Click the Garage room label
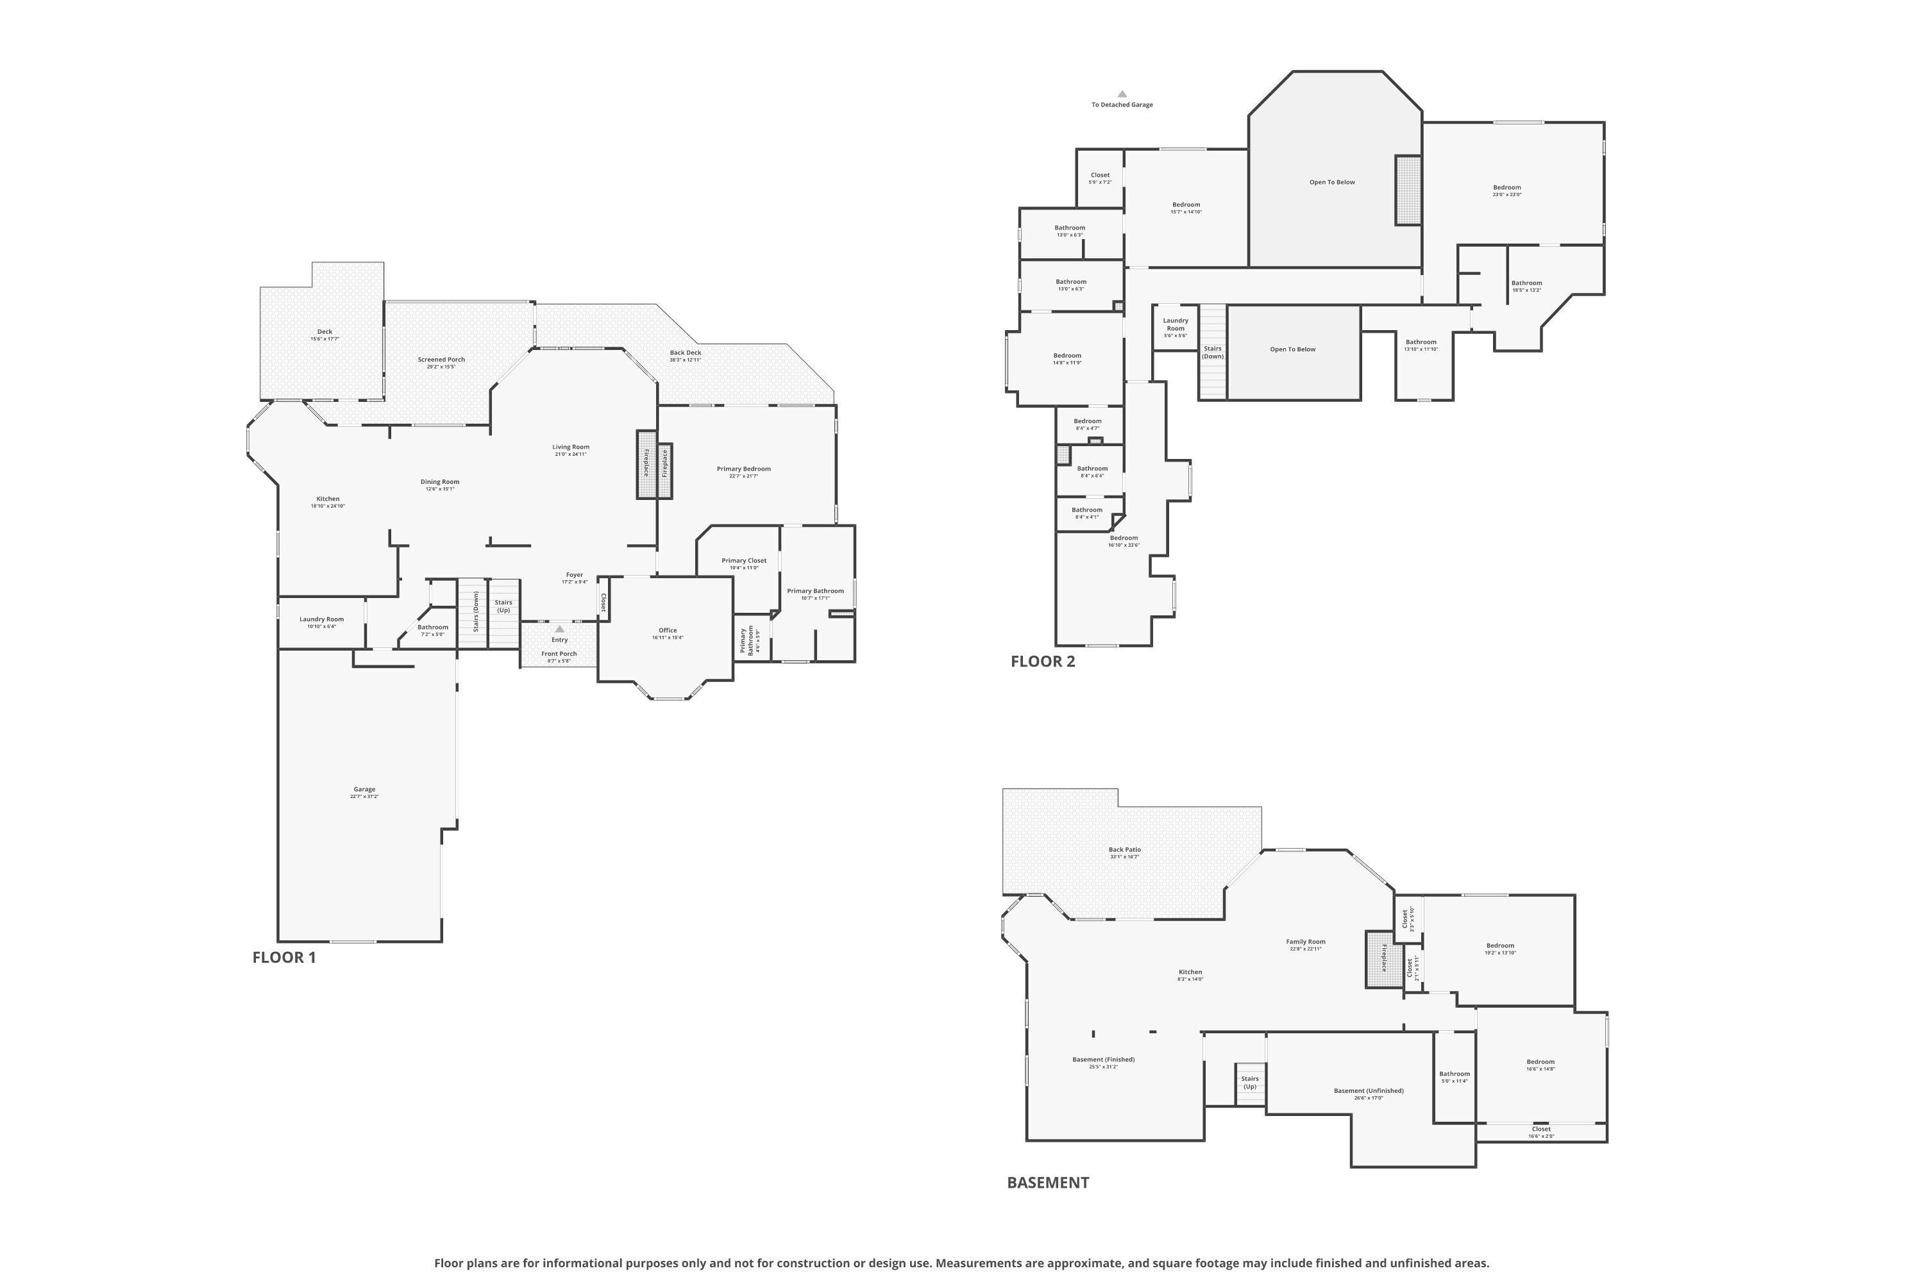pos(364,792)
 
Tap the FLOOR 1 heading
pos(284,958)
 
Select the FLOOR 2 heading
pos(1042,662)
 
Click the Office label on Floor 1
pos(668,633)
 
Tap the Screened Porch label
pos(441,362)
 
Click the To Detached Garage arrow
pos(1122,94)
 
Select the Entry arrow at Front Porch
pos(559,629)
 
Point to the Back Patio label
pos(1124,853)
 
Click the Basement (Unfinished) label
pos(1369,1093)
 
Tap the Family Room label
pos(1306,944)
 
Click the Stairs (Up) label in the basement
pos(1250,1083)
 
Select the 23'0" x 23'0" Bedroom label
pos(1506,190)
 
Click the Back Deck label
pos(686,356)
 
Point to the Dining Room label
pos(440,485)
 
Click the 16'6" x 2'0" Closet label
pos(1541,1131)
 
